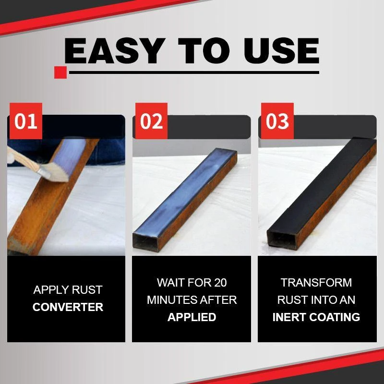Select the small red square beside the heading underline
click(60, 72)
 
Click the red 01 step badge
click(25, 121)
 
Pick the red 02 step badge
click(151, 121)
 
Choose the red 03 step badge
click(276, 121)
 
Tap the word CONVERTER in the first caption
click(68, 307)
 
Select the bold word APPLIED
click(192, 317)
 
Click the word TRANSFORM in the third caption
click(316, 283)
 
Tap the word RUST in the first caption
click(86, 290)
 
